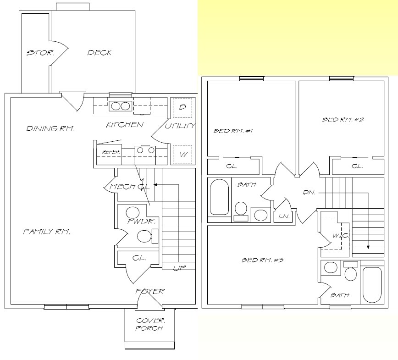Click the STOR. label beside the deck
[41, 53]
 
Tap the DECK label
[99, 53]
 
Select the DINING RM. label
[50, 128]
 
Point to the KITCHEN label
[125, 125]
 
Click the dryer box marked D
[182, 108]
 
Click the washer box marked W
[182, 155]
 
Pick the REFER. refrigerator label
[111, 152]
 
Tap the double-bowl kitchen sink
[120, 106]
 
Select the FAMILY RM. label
[47, 232]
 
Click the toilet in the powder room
[144, 236]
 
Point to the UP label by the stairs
[179, 268]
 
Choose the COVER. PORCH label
[149, 324]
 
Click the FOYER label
[150, 291]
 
